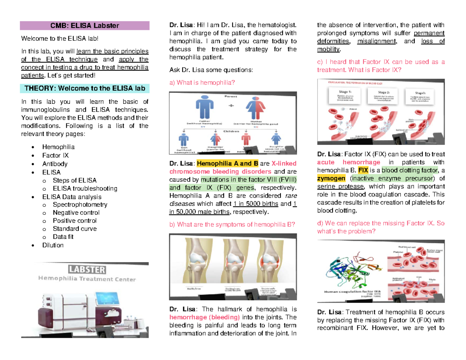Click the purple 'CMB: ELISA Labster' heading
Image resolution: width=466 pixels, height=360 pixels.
point(85,26)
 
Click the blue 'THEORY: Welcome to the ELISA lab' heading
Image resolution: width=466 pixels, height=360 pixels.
point(85,88)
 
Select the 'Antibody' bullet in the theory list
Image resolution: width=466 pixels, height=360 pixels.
point(55,164)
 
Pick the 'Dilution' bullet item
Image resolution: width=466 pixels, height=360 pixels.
point(53,245)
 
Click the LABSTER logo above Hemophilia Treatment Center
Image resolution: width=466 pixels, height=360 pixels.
point(87,269)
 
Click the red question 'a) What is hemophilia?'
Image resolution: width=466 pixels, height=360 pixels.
point(202,82)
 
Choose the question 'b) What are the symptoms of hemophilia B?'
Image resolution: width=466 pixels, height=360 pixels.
point(232,224)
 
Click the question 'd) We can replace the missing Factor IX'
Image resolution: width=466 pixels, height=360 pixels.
point(381,227)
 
